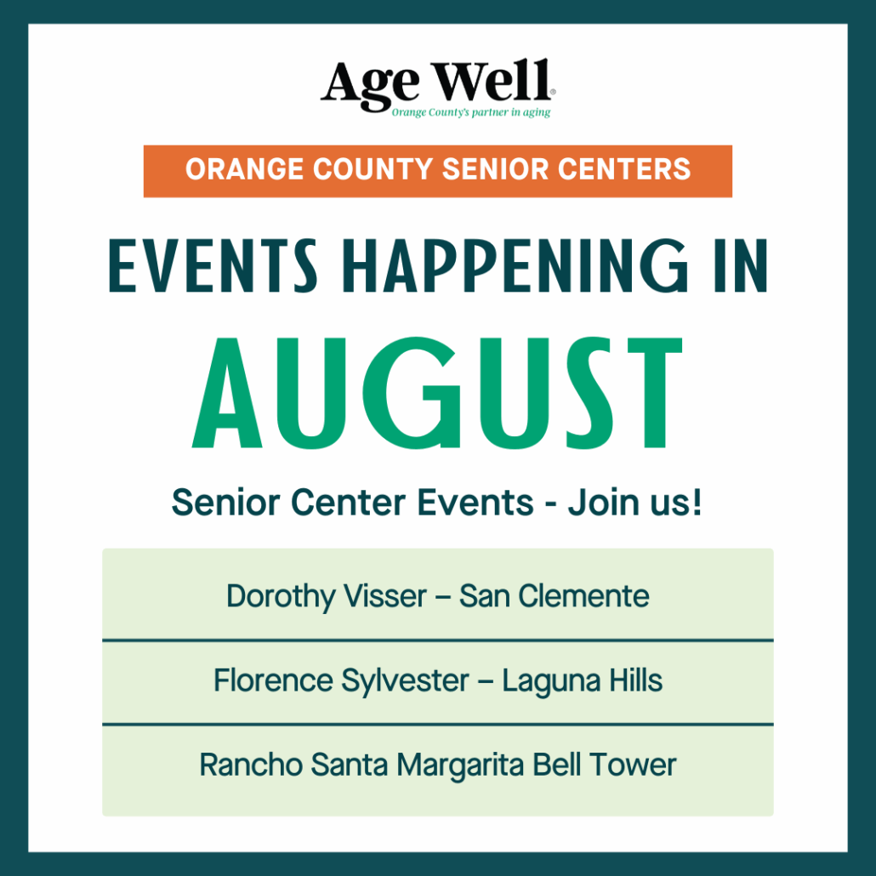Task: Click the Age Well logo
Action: click(x=437, y=88)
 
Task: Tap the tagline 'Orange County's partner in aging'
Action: click(x=471, y=112)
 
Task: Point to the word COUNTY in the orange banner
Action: click(x=373, y=169)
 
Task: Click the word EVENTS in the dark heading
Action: click(x=213, y=266)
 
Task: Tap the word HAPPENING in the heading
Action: click(x=515, y=266)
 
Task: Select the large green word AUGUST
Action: click(x=437, y=393)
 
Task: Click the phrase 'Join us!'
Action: click(x=634, y=503)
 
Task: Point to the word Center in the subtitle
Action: click(x=348, y=503)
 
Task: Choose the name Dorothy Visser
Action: click(x=327, y=596)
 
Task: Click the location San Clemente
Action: click(x=555, y=596)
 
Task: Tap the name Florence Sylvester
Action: click(x=341, y=681)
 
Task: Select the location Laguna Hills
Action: click(x=582, y=681)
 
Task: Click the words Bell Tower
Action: click(x=605, y=765)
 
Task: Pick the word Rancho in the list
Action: click(x=251, y=765)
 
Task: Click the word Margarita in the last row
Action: click(x=460, y=765)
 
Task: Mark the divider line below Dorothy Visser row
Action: click(x=438, y=640)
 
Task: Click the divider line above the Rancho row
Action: click(x=438, y=725)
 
